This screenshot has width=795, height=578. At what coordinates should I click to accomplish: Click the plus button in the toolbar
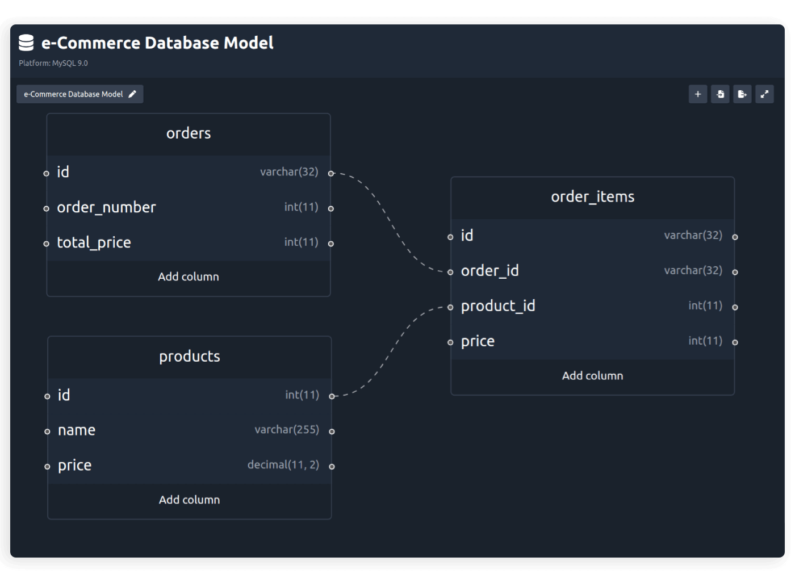click(698, 94)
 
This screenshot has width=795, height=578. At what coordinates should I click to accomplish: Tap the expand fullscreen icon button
click(764, 94)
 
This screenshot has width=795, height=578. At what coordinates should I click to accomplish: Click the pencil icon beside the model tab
click(132, 94)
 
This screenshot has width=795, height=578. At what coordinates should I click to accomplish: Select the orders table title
click(189, 133)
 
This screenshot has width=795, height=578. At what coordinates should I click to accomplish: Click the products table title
click(190, 357)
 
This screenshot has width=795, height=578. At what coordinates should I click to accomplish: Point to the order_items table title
click(592, 197)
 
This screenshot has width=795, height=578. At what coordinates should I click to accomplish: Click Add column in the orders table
click(189, 277)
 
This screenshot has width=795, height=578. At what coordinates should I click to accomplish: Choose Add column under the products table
click(190, 500)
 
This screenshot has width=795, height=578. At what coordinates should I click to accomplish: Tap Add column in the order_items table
click(592, 376)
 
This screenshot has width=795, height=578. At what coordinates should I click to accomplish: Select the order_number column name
click(106, 208)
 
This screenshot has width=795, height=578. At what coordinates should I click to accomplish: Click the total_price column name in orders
click(94, 243)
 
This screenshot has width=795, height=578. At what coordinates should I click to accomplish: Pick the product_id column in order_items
click(498, 307)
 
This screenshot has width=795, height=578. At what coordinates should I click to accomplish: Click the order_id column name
click(490, 271)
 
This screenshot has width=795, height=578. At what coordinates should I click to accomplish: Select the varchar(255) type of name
click(287, 430)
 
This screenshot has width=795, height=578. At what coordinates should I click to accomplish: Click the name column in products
click(77, 431)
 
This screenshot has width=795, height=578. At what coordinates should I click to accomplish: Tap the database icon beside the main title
click(26, 43)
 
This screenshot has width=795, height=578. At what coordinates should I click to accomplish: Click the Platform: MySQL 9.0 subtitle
click(53, 63)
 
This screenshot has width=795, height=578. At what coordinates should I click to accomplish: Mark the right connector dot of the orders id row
click(331, 174)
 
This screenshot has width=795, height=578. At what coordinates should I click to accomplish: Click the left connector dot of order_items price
click(450, 342)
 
